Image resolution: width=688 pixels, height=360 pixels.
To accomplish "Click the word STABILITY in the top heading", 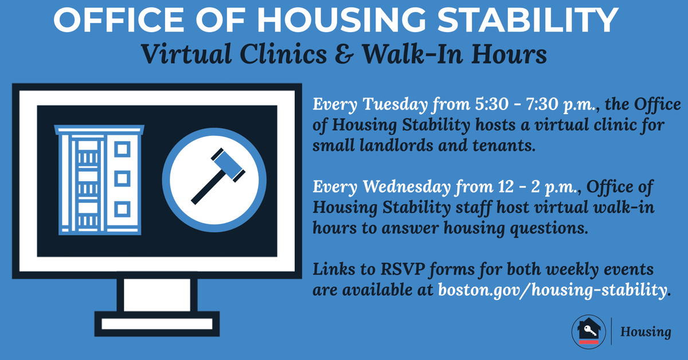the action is point(527,19).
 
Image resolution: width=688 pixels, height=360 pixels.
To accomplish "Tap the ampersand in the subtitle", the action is point(344,54).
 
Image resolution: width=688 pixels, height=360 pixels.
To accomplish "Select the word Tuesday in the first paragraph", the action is point(395,105).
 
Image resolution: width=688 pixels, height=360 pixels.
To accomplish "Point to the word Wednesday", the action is point(406,186).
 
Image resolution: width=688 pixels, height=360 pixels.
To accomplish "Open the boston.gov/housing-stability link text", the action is point(553,290).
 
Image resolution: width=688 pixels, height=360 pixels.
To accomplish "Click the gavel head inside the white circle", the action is point(228,165).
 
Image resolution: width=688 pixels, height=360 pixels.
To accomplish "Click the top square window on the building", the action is point(122,150).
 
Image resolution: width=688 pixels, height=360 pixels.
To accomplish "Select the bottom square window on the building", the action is point(122,209).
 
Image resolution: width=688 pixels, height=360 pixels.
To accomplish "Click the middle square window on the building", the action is point(122,179).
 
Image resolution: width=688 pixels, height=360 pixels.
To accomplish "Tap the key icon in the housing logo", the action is point(590,331).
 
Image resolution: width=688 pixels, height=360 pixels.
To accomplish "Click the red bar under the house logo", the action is point(589,342).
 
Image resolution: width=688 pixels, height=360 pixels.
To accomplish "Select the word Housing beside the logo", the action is point(646,332).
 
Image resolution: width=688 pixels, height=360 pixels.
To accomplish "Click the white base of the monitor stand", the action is point(157,324).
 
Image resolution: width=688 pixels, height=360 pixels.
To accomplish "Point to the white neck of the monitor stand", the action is point(157,295).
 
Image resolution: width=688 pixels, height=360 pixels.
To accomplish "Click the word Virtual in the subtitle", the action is point(186,54).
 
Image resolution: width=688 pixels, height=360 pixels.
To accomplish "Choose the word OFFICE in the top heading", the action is point(119,19).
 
